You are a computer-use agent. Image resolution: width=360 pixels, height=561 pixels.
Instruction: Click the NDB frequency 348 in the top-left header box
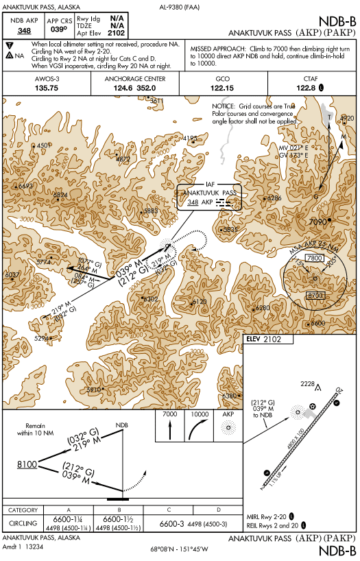point(24,31)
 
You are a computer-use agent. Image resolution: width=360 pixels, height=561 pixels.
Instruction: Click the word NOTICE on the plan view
point(224,108)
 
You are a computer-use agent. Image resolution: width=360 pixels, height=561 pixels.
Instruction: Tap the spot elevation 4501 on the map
point(45,145)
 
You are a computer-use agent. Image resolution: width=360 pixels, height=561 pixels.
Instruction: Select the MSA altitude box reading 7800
point(315,257)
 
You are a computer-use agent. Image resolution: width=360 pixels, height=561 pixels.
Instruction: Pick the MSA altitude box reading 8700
point(315,295)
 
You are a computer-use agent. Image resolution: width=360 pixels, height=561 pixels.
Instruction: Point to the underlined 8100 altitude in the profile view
point(27,464)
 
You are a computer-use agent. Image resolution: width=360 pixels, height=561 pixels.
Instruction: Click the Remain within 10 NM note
point(35,429)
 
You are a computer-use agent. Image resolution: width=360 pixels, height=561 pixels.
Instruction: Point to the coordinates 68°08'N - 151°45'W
point(180,549)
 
